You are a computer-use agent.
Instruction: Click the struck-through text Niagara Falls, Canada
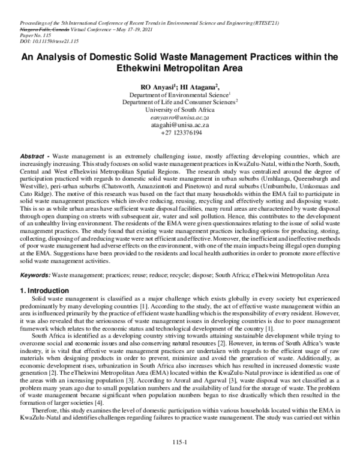coord(36,29)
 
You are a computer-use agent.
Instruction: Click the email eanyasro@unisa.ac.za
coord(180,118)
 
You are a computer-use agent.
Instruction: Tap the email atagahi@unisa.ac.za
coord(180,125)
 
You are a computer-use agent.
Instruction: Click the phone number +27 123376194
coord(180,133)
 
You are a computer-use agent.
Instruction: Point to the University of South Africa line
coord(180,110)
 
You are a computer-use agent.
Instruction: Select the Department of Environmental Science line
coord(179,95)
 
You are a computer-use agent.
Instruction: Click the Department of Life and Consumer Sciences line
coord(180,103)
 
